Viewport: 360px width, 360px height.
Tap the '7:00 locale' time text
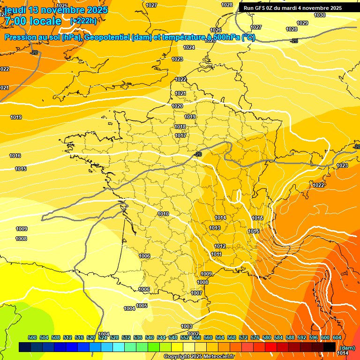click(33, 21)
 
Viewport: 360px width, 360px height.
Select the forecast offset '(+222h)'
click(83, 21)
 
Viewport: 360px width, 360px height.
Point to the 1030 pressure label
click(320, 15)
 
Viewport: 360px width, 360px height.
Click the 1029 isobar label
click(302, 23)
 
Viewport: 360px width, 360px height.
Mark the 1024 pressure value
click(189, 47)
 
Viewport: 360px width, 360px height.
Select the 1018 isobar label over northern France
click(180, 127)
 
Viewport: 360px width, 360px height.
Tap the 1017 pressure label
click(180, 135)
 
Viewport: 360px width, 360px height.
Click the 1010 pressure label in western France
click(163, 214)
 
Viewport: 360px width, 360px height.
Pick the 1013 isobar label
click(215, 228)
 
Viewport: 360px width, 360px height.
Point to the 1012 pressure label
click(220, 246)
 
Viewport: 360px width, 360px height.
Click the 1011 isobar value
click(216, 254)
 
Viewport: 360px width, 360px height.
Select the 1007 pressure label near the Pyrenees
click(196, 292)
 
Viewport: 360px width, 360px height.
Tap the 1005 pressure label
click(142, 306)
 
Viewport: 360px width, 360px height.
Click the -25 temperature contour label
click(294, 41)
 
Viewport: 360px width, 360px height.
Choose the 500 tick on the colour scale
click(32, 337)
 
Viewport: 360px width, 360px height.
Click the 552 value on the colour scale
click(184, 337)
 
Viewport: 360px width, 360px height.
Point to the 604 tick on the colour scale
click(337, 337)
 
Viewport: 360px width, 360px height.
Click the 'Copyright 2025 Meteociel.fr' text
click(199, 356)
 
